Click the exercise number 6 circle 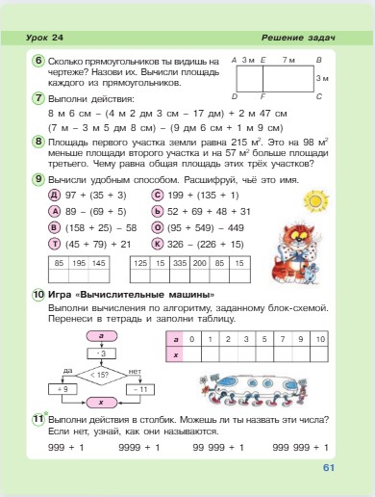(37, 60)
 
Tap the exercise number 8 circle (37, 141)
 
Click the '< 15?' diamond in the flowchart (100, 372)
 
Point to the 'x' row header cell (174, 353)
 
